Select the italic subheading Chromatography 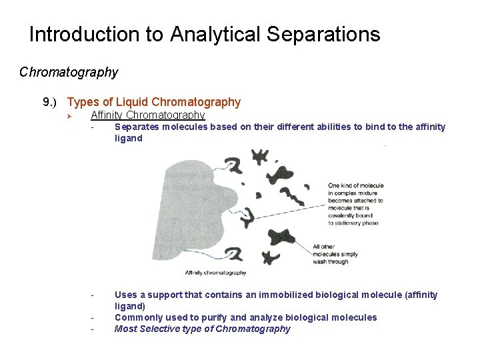[69, 72]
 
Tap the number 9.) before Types [51, 102]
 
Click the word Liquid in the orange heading [132, 102]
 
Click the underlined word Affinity [107, 115]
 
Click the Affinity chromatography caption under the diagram [215, 272]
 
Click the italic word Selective [160, 329]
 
